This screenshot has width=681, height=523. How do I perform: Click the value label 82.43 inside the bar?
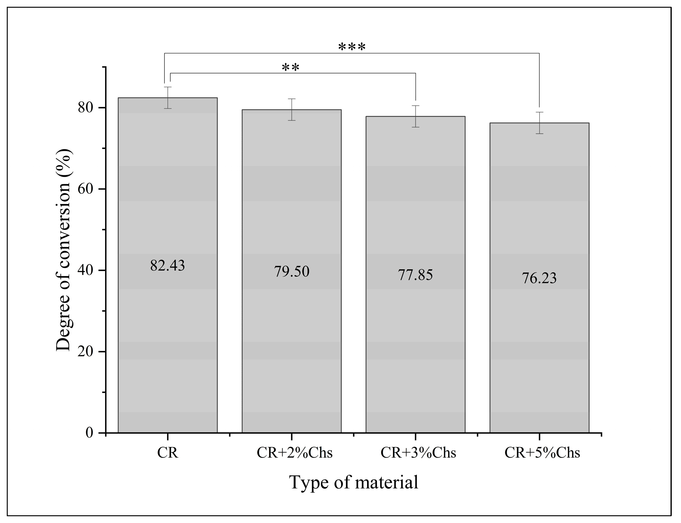(x=167, y=266)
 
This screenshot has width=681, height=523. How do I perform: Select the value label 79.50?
(x=291, y=272)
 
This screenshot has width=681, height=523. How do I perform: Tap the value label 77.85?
(x=415, y=275)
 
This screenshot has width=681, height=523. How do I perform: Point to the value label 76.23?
(x=539, y=278)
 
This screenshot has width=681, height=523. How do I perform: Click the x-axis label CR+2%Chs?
(x=294, y=453)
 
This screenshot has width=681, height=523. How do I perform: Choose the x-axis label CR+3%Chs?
(x=418, y=453)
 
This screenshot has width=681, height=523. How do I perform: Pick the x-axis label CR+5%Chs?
(x=542, y=453)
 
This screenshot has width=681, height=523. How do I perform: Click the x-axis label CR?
(x=168, y=453)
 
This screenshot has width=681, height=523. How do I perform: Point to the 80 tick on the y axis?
(x=85, y=108)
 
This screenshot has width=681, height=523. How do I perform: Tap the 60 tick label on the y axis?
(x=85, y=189)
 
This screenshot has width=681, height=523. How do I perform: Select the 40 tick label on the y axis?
(x=85, y=270)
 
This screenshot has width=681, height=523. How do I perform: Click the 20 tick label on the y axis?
(x=85, y=351)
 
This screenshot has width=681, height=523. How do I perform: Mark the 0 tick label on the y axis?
(x=89, y=433)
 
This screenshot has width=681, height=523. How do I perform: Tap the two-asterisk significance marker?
(x=290, y=67)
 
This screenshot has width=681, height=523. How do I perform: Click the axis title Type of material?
(x=353, y=483)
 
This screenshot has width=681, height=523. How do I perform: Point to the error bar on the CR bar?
(x=168, y=98)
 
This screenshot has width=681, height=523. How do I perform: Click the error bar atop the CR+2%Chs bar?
(x=291, y=110)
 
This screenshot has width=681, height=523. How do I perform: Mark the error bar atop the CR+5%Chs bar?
(x=539, y=123)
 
